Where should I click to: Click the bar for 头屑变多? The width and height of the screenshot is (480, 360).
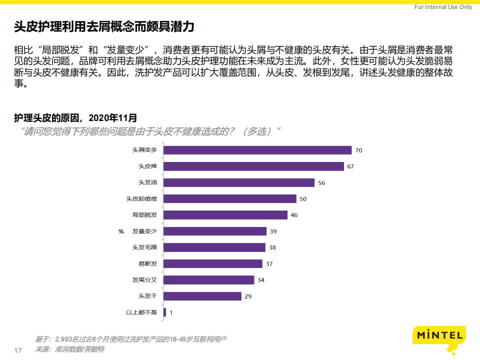(x=257, y=150)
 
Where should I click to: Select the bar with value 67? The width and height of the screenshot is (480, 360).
(x=253, y=166)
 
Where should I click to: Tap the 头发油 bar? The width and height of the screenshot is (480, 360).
(x=239, y=182)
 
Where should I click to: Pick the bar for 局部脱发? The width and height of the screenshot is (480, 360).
(x=225, y=215)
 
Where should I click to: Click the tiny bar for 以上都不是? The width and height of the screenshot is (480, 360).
(x=165, y=312)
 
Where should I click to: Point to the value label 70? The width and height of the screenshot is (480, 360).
(x=358, y=150)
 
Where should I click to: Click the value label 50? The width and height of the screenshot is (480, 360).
(x=302, y=199)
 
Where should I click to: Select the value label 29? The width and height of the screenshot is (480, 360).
(x=248, y=296)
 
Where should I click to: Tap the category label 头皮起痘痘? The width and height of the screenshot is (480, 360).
(x=141, y=199)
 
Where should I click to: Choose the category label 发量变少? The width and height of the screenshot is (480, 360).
(x=144, y=231)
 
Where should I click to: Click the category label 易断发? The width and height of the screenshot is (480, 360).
(x=147, y=263)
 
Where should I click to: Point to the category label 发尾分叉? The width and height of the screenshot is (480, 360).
(x=144, y=280)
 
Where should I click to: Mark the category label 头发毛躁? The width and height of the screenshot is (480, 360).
(x=144, y=247)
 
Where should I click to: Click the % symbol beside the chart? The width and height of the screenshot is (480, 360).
(x=120, y=231)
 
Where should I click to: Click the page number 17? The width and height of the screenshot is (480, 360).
(x=18, y=350)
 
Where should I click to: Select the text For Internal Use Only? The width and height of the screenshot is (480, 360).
(x=443, y=7)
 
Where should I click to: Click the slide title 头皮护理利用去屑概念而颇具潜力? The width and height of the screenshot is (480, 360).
(x=104, y=26)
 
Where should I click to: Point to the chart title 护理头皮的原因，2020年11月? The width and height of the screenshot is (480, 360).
(x=75, y=118)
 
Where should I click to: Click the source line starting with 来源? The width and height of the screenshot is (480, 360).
(x=69, y=349)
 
